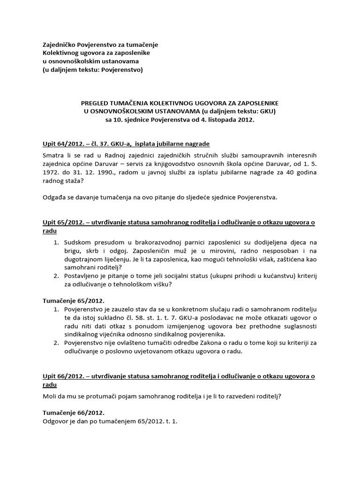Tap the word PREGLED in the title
tap(95, 102)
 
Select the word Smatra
tap(53, 155)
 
